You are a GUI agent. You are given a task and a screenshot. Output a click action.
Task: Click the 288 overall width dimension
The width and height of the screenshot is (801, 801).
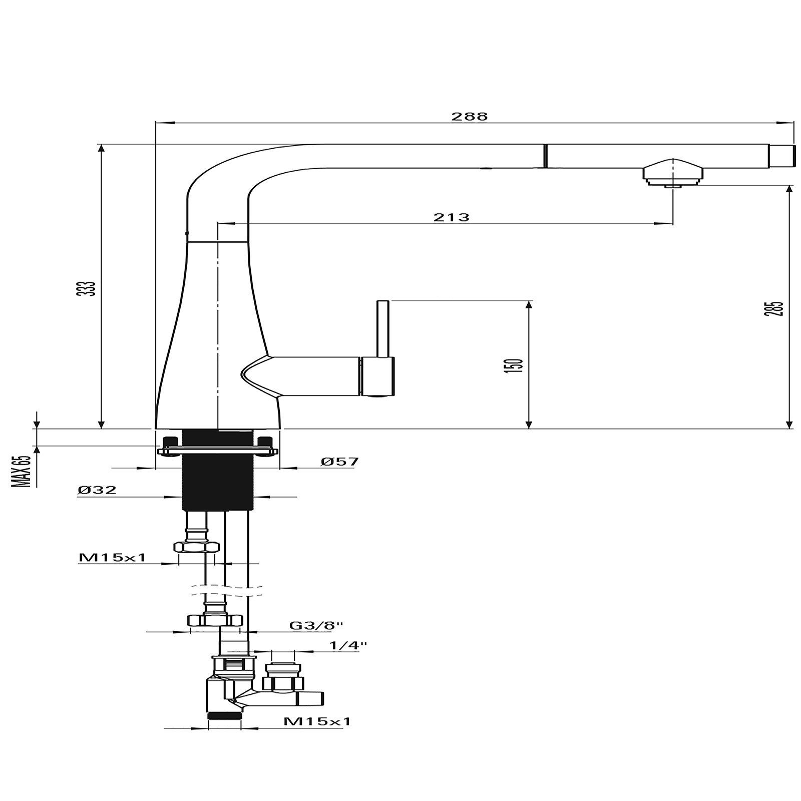pos(469,117)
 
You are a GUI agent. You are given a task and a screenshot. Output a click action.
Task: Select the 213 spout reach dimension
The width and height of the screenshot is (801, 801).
pos(451,217)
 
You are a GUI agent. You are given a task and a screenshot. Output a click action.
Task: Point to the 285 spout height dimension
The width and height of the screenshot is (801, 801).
pos(775,308)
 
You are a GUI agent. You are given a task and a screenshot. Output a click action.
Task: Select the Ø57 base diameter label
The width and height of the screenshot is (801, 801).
pos(340,462)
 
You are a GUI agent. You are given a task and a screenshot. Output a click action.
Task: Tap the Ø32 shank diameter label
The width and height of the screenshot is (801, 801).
pos(97,490)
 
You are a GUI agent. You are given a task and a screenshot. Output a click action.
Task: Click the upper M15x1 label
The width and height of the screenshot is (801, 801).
pos(112,557)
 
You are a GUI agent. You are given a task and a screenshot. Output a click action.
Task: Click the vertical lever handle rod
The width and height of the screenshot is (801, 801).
pos(382,328)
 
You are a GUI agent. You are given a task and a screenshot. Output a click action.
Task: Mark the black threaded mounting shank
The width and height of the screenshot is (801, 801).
pos(216,471)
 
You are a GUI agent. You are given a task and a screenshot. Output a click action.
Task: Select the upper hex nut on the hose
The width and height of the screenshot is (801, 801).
pos(195,547)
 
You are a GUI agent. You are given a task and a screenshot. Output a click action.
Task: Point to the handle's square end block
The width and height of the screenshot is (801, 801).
pos(378,375)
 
